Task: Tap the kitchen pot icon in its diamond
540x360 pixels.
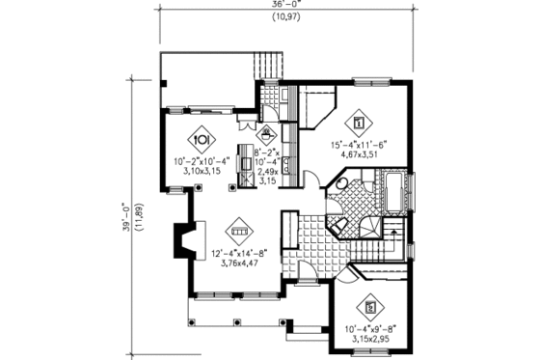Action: pyautogui.click(x=268, y=134)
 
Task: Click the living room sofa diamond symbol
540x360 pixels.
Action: pyautogui.click(x=237, y=232)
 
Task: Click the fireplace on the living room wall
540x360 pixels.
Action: pyautogui.click(x=181, y=238)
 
